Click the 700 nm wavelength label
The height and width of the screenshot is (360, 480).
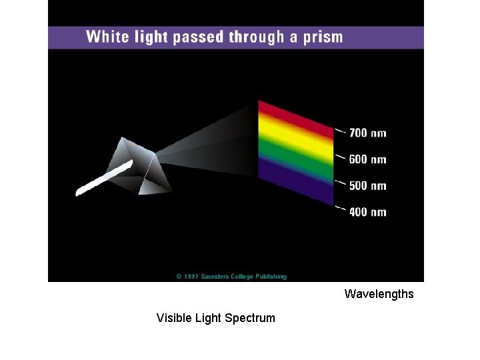pos(367,133)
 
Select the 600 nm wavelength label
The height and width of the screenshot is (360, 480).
pos(367,159)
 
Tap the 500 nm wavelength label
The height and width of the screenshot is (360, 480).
pos(367,185)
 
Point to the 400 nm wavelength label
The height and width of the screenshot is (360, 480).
pos(367,212)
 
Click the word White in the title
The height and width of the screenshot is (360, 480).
pos(107,37)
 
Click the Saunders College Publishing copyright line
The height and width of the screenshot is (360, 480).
pos(231,276)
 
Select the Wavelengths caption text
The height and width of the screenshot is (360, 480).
pos(379,294)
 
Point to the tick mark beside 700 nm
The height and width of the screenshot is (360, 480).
pos(340,131)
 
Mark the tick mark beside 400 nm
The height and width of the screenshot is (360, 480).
pos(340,209)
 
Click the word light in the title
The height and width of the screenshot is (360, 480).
pos(150,37)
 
